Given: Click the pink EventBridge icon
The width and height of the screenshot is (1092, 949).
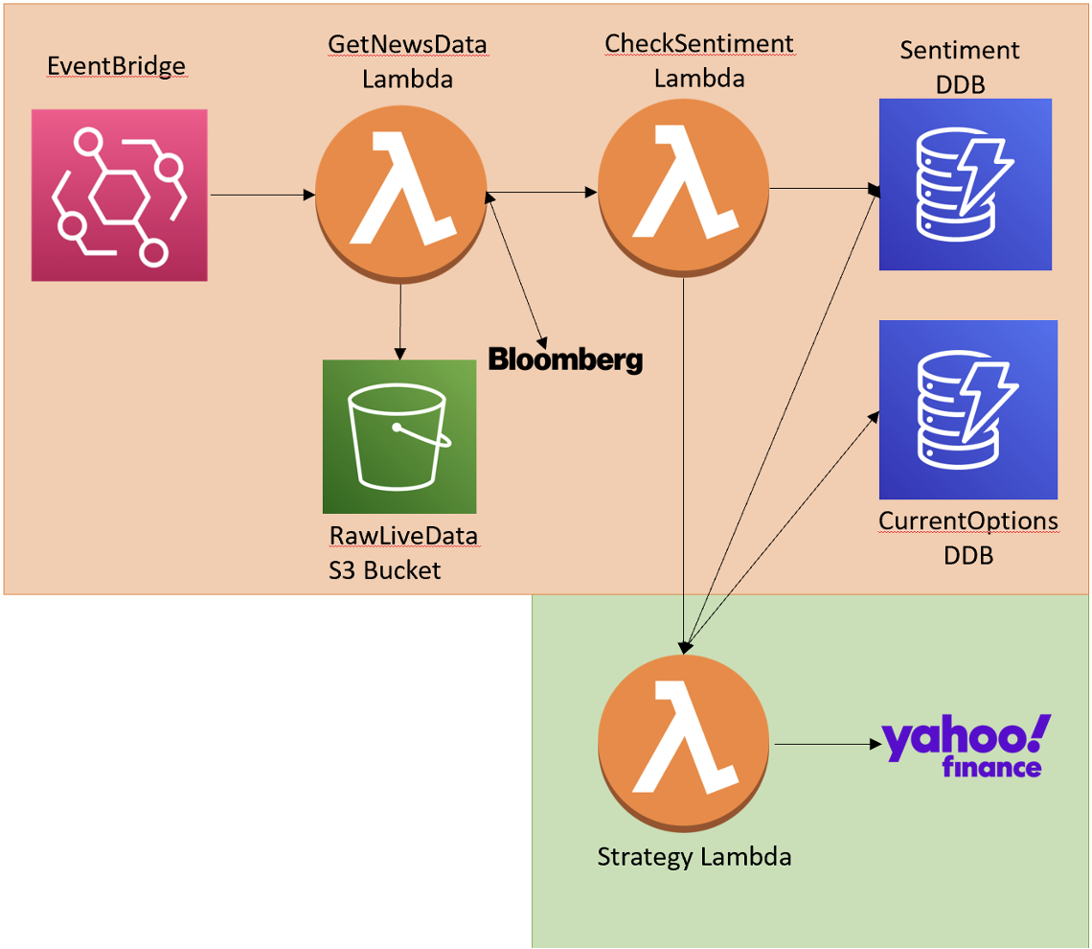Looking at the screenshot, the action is pos(119,196).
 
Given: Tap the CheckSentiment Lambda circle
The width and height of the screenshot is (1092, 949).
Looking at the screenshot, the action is pos(683,188).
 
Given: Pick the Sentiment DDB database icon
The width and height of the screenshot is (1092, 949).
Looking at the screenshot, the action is pos(966,184).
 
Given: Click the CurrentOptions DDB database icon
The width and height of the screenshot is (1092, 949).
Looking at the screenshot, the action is pos(968,409).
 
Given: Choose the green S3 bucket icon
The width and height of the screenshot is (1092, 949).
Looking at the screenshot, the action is pos(399,437).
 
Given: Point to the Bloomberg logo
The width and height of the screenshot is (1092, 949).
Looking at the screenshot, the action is pos(565,359).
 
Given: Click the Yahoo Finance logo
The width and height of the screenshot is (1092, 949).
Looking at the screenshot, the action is pos(966,746).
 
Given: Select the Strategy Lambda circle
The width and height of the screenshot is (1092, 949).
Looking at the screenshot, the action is pos(683,744).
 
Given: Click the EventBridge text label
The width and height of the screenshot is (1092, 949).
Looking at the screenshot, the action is pos(116,65).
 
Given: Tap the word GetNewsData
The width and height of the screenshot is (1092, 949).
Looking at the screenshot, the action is pos(407,44).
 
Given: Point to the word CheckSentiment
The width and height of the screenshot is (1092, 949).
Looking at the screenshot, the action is pos(699,43).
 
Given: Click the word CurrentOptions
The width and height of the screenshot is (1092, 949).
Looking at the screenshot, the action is pos(968,521).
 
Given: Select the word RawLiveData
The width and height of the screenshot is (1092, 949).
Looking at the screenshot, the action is pos(403,536).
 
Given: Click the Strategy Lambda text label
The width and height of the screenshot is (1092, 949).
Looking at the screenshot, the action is pos(694,856).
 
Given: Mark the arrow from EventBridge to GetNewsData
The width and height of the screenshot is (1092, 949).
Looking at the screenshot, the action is pos(262,196).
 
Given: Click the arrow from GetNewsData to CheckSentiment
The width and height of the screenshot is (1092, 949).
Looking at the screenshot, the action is pos(542,192).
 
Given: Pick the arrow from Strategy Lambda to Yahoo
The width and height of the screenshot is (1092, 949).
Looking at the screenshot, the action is pos(828,744).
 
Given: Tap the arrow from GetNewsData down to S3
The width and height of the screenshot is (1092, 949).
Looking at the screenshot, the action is pos(399,321).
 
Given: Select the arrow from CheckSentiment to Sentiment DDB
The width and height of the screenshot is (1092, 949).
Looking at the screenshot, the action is pos(825,188).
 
